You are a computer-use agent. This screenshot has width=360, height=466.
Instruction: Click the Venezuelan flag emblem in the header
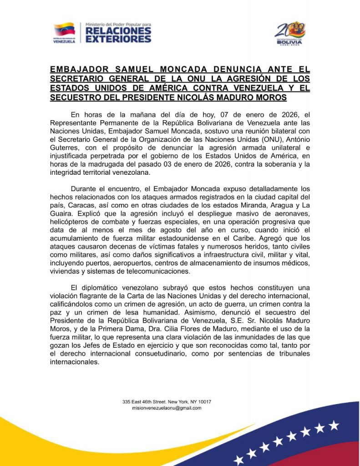(x=64, y=29)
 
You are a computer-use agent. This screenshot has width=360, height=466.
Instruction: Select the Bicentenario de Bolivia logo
(x=290, y=32)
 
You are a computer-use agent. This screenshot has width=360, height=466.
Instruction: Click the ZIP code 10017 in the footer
(x=203, y=402)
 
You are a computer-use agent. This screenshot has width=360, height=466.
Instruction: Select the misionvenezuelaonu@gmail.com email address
(x=166, y=408)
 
